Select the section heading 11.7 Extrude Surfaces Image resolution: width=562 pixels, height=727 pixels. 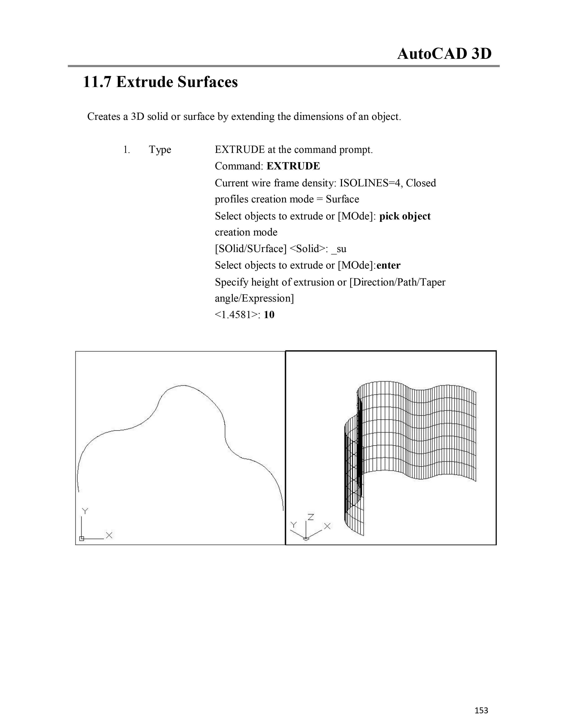pos(160,82)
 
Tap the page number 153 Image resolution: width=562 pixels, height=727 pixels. pos(481,710)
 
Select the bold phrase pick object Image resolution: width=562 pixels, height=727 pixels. pos(405,216)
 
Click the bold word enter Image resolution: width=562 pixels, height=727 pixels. pos(389,265)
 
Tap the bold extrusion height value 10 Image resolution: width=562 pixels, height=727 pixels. pos(269,315)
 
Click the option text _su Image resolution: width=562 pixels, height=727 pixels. pos(339,249)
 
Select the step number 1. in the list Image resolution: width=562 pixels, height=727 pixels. pos(127,150)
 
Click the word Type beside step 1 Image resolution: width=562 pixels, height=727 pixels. pos(160,150)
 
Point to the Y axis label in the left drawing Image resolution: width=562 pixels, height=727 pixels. pos(85,511)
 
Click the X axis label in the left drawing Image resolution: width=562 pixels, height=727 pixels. pos(109,535)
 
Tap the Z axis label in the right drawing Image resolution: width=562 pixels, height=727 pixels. pos(311,517)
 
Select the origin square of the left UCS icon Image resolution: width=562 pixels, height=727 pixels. pos(82,538)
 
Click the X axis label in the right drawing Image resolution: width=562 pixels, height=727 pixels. pos(327,526)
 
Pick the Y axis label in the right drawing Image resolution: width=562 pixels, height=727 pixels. pos(293,525)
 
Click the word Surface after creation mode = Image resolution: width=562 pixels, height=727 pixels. pos(342,199)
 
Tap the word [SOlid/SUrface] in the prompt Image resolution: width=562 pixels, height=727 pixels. pos(250,249)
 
